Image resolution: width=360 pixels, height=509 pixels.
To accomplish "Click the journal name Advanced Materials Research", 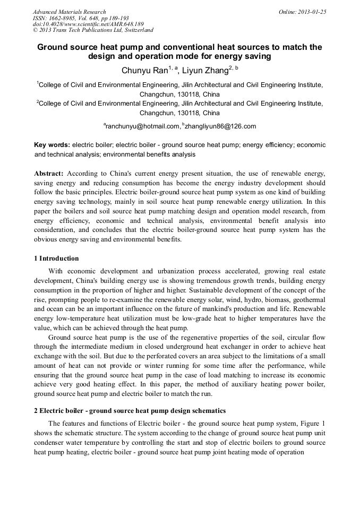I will [69, 12].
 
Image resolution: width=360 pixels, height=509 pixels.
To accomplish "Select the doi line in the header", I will [88, 24].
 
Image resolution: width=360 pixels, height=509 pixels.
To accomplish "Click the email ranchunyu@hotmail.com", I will [143, 126].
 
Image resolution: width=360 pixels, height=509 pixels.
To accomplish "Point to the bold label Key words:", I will [52, 144].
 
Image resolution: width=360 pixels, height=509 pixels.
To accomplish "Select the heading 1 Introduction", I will [56, 258].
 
